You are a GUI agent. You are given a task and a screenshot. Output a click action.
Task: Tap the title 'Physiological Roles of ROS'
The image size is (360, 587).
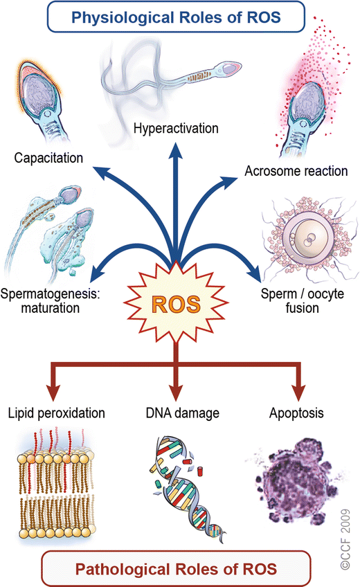[x=179, y=17]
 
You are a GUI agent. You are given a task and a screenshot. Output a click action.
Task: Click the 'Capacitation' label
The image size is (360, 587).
[x=48, y=159]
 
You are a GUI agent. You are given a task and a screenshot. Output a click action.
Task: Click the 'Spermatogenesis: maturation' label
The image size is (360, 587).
[x=52, y=300]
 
